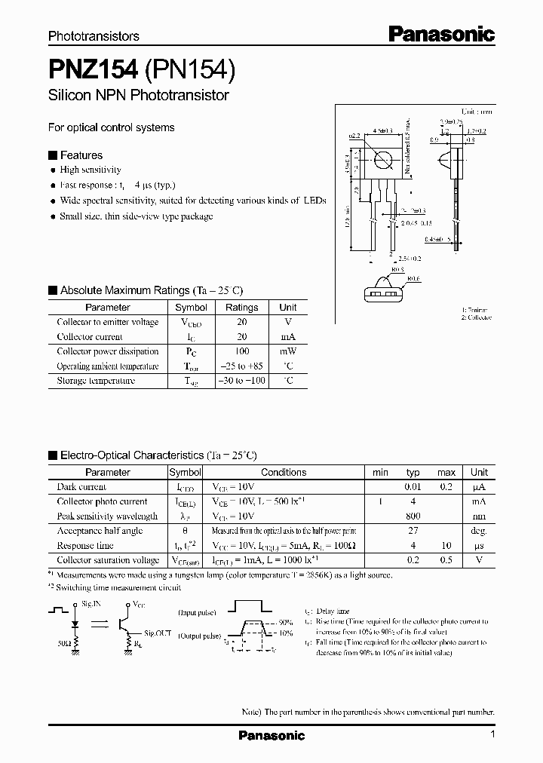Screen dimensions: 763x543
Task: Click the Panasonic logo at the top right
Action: coord(441,34)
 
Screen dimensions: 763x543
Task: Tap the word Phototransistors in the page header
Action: coord(94,35)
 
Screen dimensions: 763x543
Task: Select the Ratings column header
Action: coord(241,308)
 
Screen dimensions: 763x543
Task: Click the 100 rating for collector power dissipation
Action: coord(241,351)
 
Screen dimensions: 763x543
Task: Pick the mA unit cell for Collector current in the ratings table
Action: coord(288,337)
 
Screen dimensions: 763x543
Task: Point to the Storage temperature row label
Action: coord(96,381)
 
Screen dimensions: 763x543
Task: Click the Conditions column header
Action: coord(284,473)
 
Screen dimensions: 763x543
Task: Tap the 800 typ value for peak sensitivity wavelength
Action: coord(413,516)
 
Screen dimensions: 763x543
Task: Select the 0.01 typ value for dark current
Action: coord(413,487)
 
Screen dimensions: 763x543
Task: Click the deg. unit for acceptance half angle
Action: coord(479,531)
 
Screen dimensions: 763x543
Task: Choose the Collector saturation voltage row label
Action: coord(109,560)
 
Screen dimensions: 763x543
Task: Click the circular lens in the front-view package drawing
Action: coord(384,161)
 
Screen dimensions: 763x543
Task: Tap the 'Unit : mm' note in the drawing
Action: coord(477,111)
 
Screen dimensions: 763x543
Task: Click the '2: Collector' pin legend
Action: coord(477,317)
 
